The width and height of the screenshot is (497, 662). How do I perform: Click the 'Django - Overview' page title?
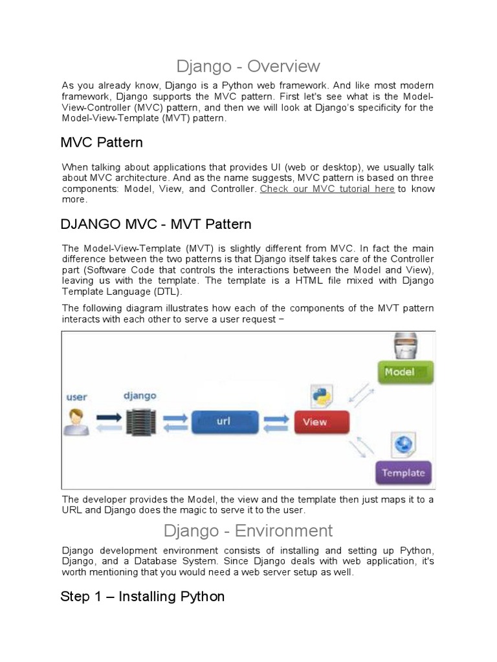coord(248,66)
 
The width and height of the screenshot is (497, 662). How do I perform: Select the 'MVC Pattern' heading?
coord(102,142)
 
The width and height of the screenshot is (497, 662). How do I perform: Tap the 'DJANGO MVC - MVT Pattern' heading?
coord(155,225)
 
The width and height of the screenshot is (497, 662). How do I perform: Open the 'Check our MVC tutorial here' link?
coord(327,189)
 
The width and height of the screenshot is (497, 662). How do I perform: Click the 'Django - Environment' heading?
coord(248,531)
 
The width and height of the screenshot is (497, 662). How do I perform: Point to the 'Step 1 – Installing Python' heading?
coord(142,596)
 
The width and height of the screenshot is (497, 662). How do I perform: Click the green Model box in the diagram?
coord(405,372)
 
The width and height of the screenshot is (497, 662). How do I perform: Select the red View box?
coord(322,422)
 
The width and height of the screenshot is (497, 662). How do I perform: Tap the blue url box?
coord(223,422)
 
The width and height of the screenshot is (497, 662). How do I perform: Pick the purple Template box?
coord(404,473)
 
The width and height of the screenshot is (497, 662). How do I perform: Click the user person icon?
coord(76,422)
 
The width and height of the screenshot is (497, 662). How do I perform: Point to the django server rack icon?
coord(137,422)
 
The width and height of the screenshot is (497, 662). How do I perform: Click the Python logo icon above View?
coord(320,397)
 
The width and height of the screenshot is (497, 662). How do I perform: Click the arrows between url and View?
coord(276,422)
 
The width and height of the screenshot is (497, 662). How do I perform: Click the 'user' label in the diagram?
coord(77,397)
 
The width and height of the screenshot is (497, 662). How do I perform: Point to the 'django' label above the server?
coord(139,395)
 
